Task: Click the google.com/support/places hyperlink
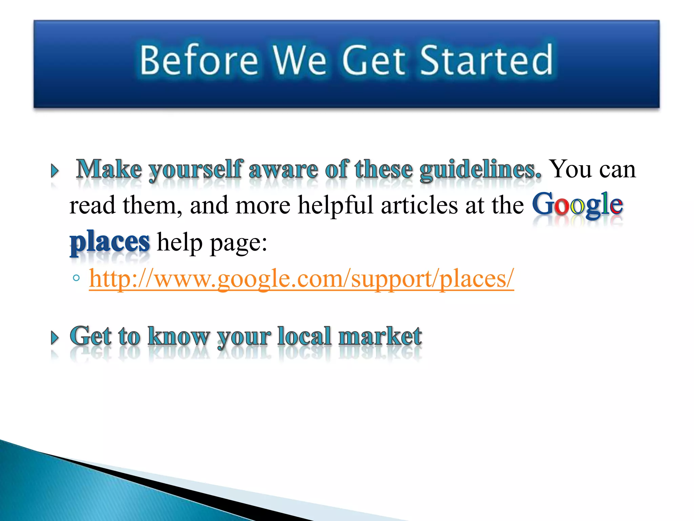point(301,279)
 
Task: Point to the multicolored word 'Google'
point(577,205)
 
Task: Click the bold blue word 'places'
point(109,242)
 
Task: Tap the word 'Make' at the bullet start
point(109,169)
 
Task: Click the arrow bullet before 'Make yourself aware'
point(55,171)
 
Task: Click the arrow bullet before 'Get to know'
point(55,338)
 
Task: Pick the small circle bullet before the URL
point(76,278)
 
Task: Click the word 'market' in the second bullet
point(380,336)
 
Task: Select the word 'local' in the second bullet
point(304,336)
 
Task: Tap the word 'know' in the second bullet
point(179,336)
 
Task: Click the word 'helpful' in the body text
point(335,206)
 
